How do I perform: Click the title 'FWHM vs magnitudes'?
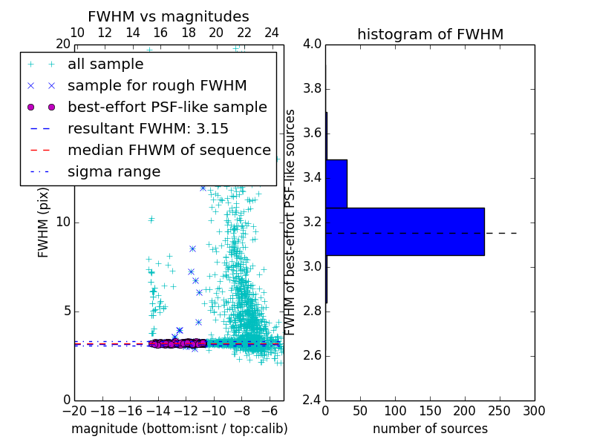(x=169, y=16)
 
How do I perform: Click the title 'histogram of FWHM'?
(x=431, y=34)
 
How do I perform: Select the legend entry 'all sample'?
(x=105, y=65)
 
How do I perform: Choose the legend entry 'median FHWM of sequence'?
(x=169, y=150)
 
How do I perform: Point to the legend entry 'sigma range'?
(x=114, y=171)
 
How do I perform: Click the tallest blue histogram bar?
(x=405, y=231)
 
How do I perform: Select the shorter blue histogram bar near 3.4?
(x=336, y=183)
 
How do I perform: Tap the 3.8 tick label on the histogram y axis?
(x=312, y=88)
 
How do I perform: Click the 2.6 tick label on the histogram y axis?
(x=312, y=355)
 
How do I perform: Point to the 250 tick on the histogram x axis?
(x=500, y=410)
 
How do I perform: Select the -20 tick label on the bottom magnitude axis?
(x=74, y=410)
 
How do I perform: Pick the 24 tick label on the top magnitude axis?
(x=272, y=33)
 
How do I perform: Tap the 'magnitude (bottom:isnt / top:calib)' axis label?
(x=179, y=429)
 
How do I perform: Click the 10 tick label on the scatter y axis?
(x=62, y=222)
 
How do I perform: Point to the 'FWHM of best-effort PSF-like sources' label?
(x=291, y=222)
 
